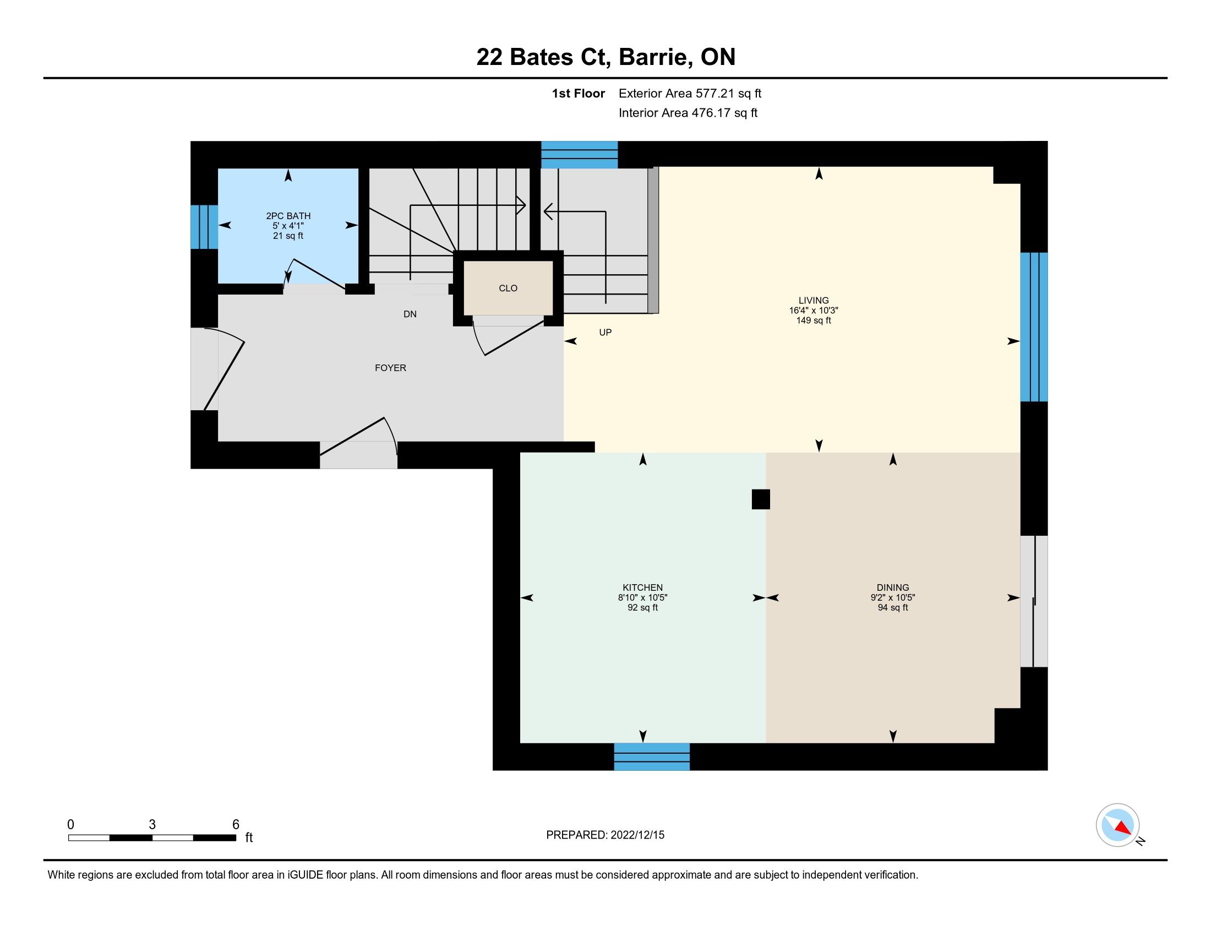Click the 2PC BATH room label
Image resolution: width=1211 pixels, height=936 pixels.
tap(288, 216)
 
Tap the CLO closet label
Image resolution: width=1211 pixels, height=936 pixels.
tap(508, 288)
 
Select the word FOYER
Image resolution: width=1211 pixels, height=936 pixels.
tap(390, 368)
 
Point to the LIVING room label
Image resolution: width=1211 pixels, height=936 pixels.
tap(814, 301)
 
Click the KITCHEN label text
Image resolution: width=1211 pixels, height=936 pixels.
tap(642, 588)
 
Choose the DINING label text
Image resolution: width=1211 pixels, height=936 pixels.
tap(893, 588)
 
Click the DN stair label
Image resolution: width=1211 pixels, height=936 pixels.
tap(410, 314)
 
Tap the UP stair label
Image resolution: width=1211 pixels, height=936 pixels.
tap(605, 332)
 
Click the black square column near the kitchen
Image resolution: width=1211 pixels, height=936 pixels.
tap(761, 499)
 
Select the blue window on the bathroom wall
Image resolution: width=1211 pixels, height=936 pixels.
tap(204, 227)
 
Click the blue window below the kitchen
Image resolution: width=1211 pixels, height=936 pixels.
tap(652, 757)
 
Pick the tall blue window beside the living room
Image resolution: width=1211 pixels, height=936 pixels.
tap(1034, 327)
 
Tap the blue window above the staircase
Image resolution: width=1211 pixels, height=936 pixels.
tap(580, 155)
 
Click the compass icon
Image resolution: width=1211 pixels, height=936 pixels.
tap(1118, 825)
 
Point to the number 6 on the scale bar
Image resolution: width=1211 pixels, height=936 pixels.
tap(236, 825)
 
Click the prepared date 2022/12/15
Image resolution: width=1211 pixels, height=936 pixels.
tap(637, 835)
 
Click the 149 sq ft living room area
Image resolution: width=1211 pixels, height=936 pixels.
tap(814, 320)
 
